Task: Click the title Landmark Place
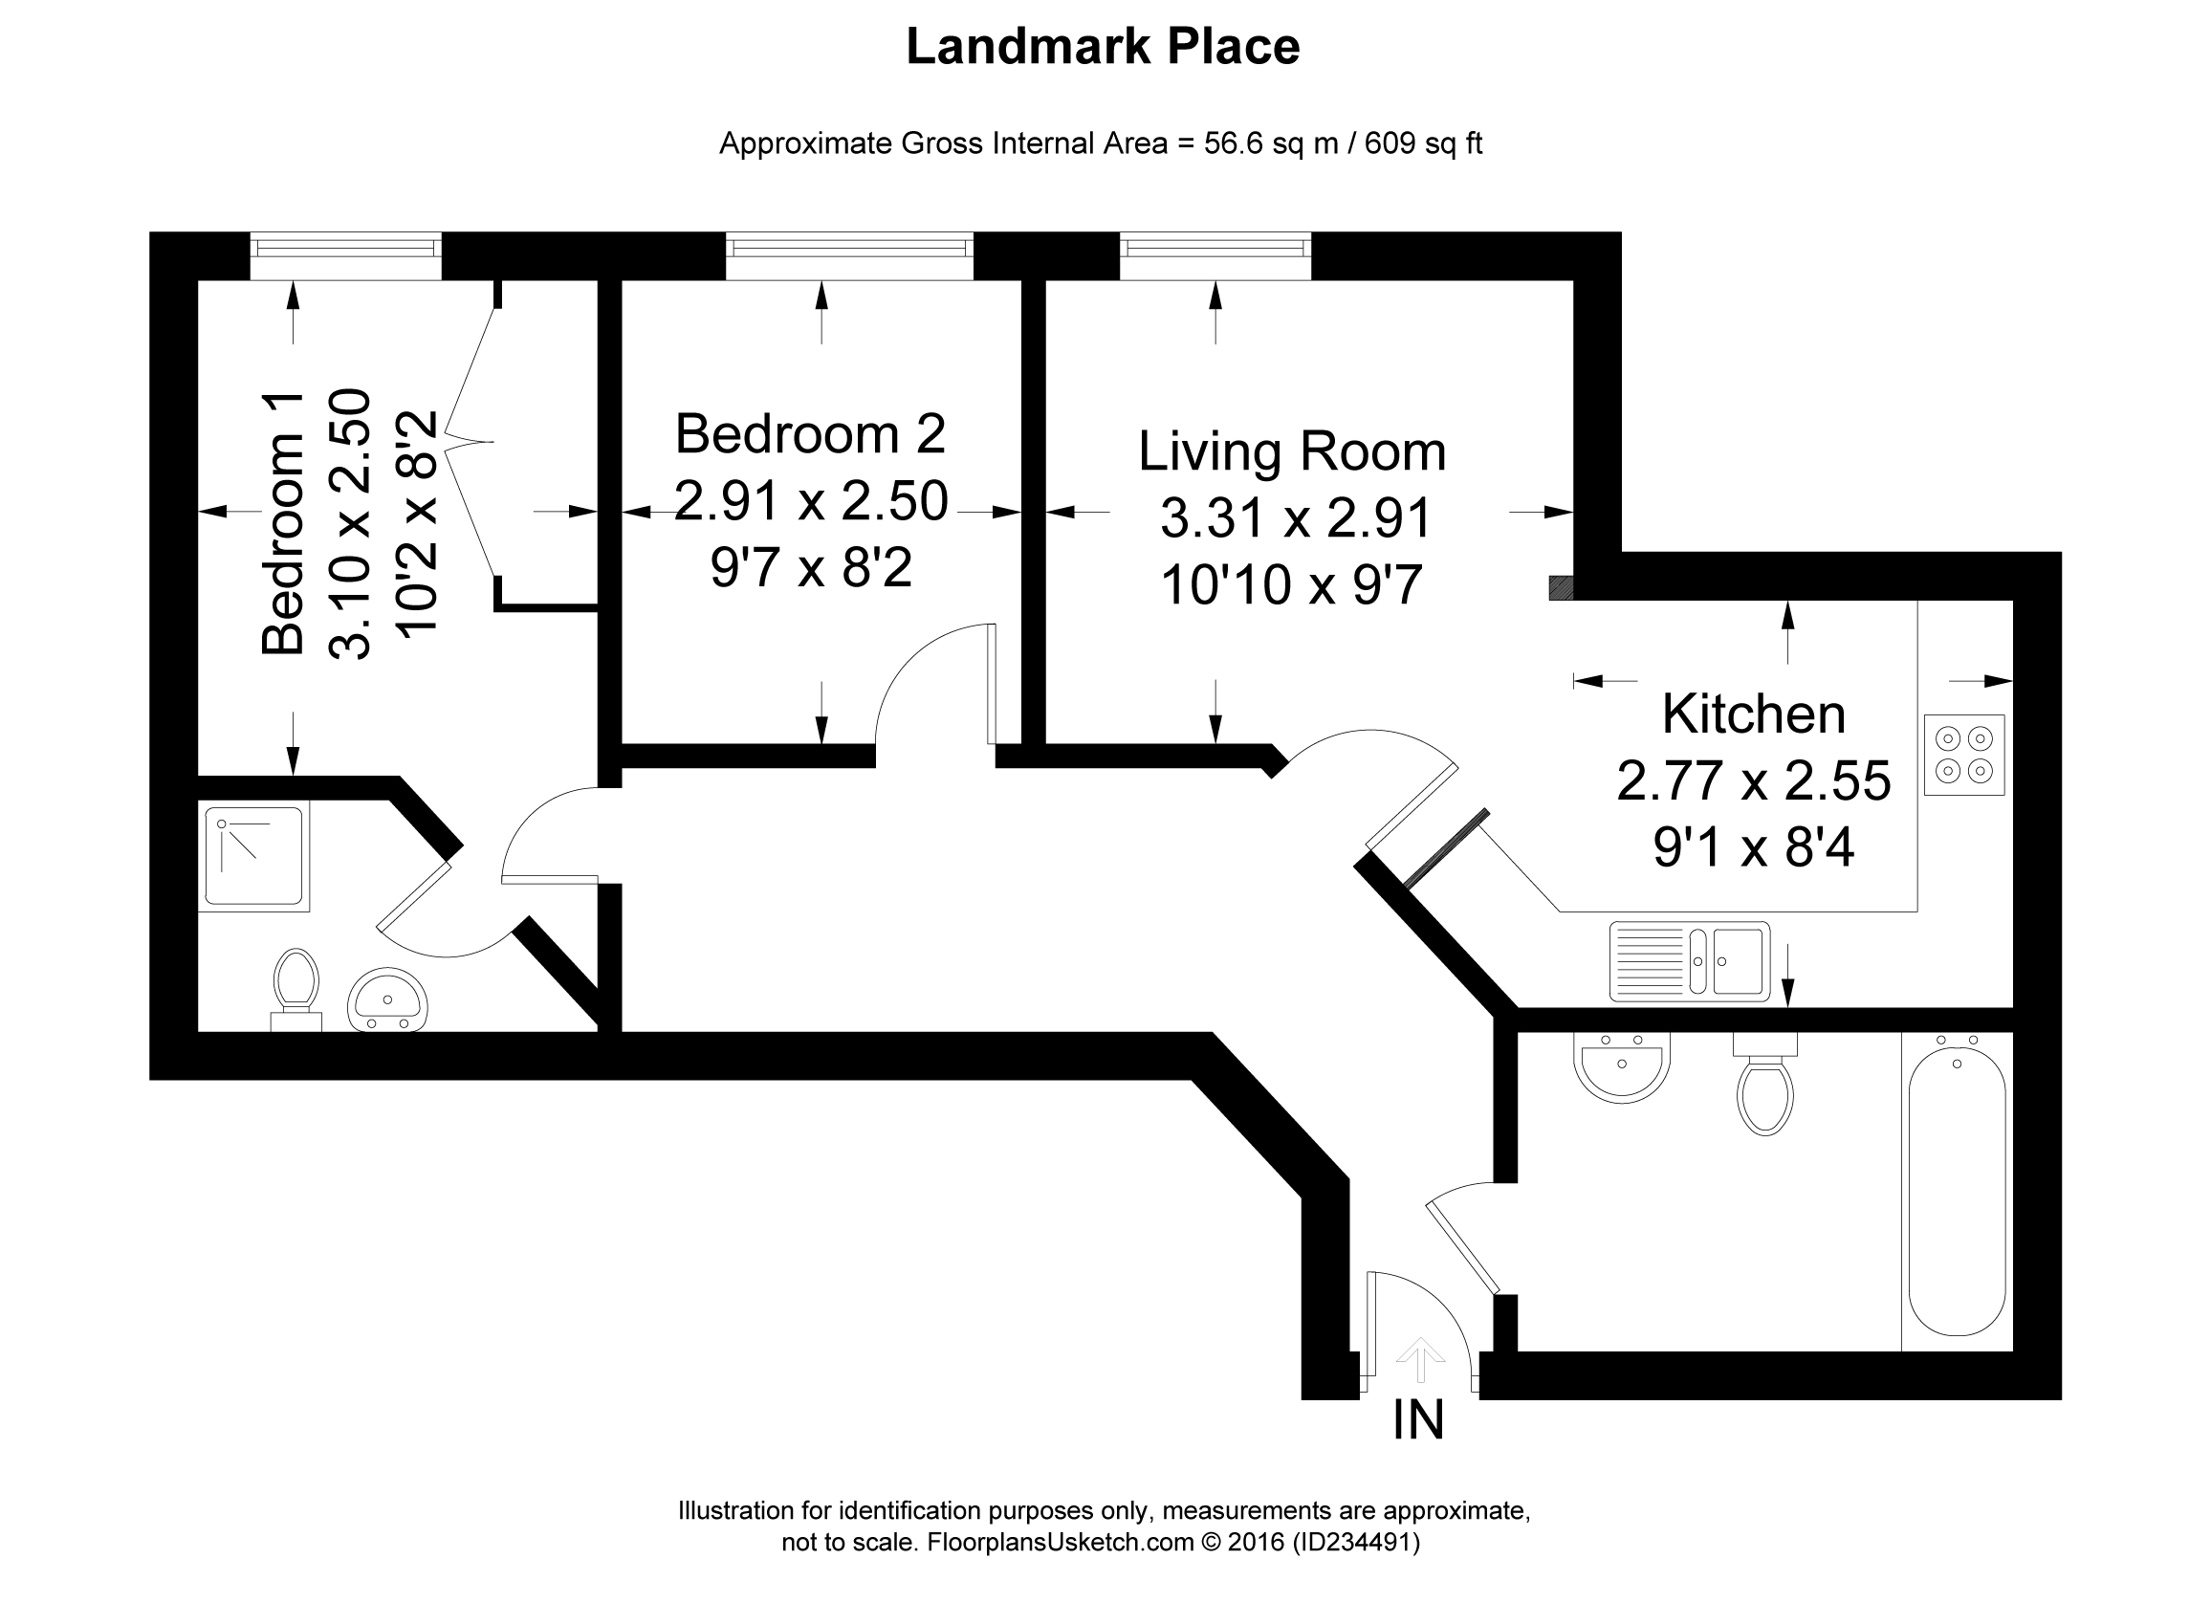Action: [x=1103, y=47]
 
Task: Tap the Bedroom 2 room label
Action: [x=810, y=434]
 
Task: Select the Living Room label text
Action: [x=1292, y=451]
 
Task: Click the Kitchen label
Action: [x=1753, y=714]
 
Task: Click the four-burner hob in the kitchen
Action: [x=1963, y=755]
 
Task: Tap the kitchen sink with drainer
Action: [x=1689, y=961]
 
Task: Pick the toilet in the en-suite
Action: [x=296, y=987]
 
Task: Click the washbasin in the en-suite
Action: [x=387, y=999]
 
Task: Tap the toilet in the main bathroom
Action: [x=1764, y=1088]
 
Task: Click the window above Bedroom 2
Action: [x=849, y=255]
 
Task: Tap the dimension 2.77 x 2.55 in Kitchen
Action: [x=1753, y=781]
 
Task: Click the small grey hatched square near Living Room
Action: [x=1561, y=587]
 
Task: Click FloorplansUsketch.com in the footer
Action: [x=1060, y=1543]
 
